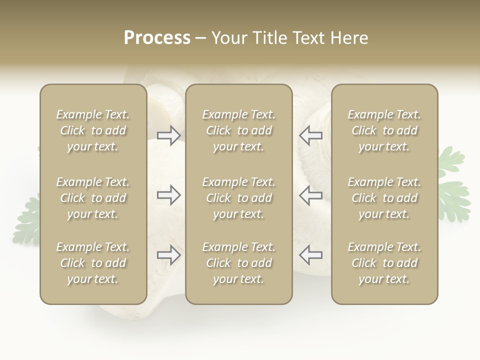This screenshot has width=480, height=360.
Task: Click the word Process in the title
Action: pyautogui.click(x=157, y=38)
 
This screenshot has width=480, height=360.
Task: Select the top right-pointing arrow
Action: pyautogui.click(x=168, y=135)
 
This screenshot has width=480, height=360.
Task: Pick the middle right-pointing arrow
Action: pyautogui.click(x=168, y=195)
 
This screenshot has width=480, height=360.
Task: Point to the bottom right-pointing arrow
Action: pyautogui.click(x=168, y=255)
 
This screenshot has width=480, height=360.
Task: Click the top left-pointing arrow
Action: pyautogui.click(x=311, y=135)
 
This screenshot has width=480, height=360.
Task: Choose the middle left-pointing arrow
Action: pyautogui.click(x=311, y=195)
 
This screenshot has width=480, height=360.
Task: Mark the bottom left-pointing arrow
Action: pyautogui.click(x=311, y=255)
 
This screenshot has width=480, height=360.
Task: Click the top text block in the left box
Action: pyautogui.click(x=93, y=130)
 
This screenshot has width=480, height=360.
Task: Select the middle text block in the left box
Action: pyautogui.click(x=93, y=198)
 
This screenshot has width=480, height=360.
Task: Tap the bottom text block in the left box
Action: pyautogui.click(x=93, y=263)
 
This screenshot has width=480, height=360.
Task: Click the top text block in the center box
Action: pyautogui.click(x=238, y=130)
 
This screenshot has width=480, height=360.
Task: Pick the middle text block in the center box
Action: pyautogui.click(x=238, y=198)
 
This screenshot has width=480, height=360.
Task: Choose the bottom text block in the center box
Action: pyautogui.click(x=238, y=263)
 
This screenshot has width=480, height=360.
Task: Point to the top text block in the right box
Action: pyautogui.click(x=384, y=130)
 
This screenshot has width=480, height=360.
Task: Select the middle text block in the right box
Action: pyautogui.click(x=384, y=198)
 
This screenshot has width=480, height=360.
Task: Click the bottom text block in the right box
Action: pyautogui.click(x=384, y=263)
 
